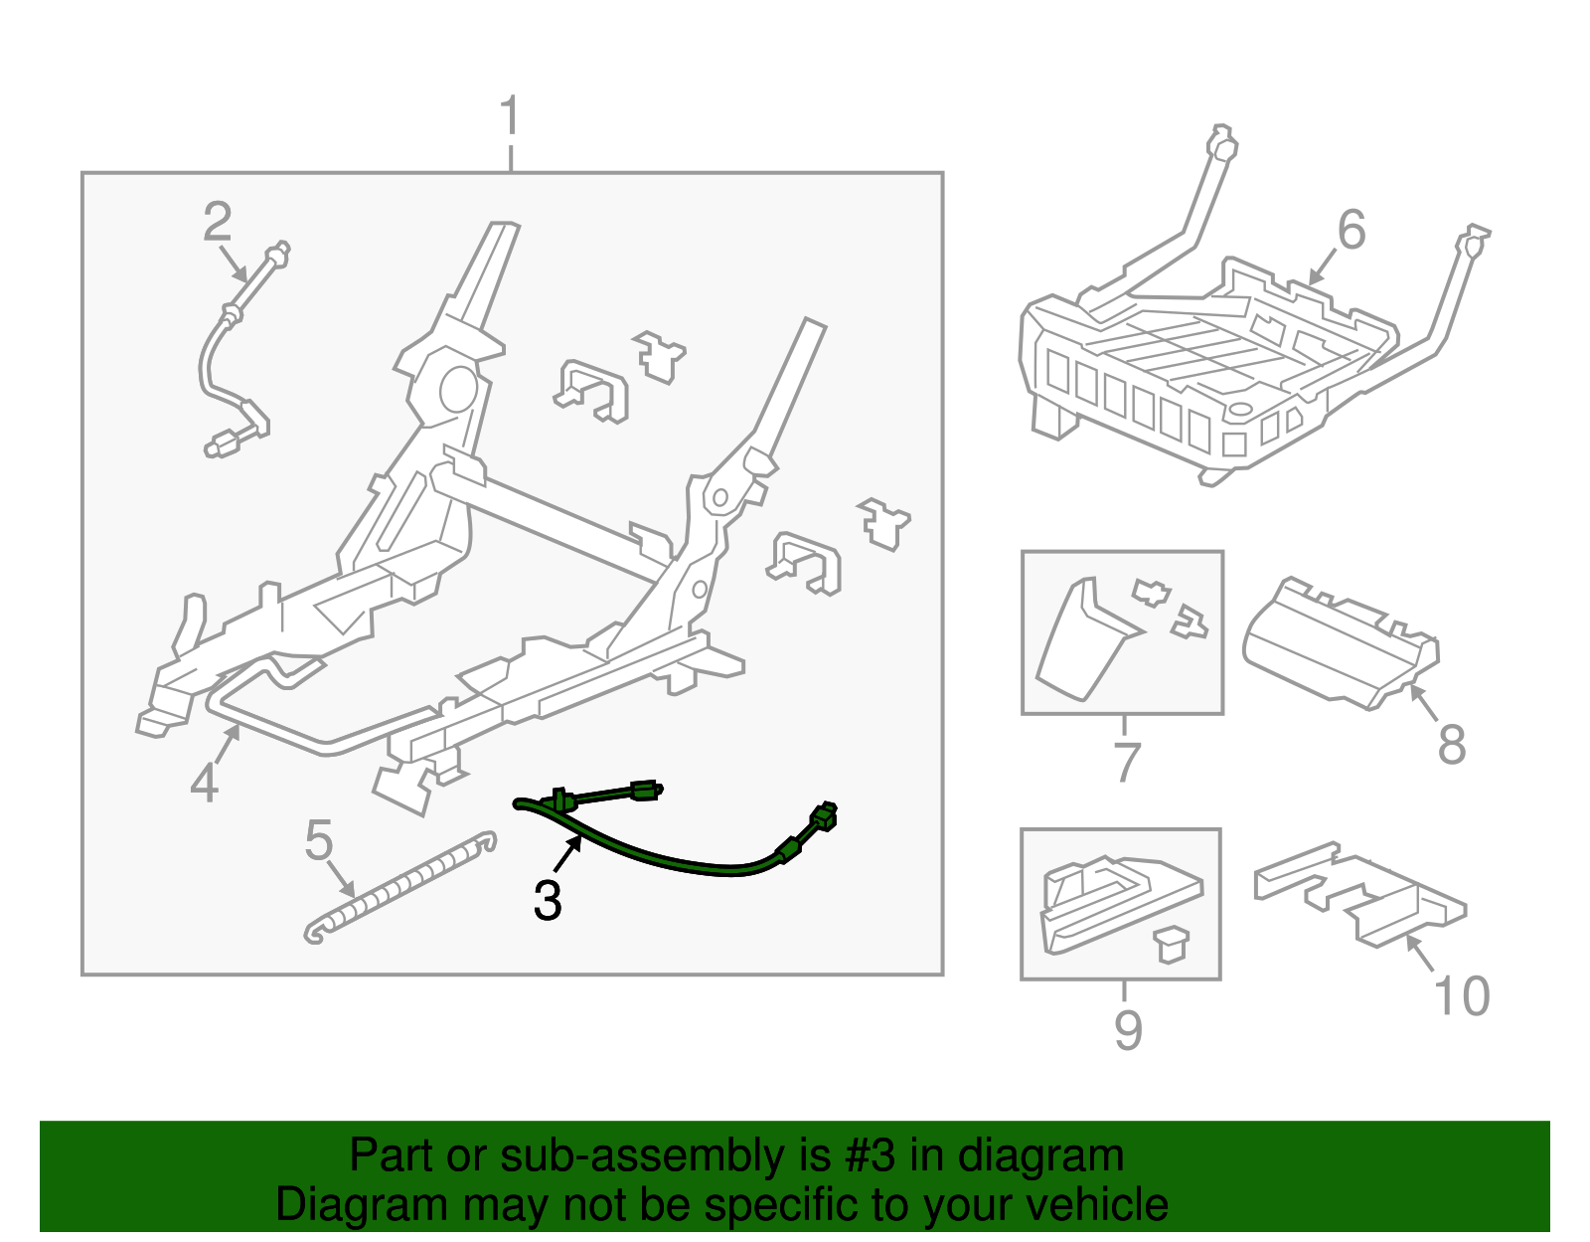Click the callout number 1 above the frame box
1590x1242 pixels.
tap(510, 117)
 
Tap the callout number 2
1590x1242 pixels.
tap(217, 222)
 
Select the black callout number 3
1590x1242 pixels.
tap(548, 901)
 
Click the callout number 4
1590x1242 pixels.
tap(204, 784)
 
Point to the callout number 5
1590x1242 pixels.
tap(318, 841)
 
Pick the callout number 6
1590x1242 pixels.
tap(1351, 231)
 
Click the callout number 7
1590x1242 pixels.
tap(1126, 763)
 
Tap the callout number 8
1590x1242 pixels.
tap(1452, 745)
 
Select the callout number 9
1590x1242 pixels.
tap(1128, 1029)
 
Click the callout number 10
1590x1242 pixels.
tap(1462, 996)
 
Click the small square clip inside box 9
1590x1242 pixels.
tap(1173, 944)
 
